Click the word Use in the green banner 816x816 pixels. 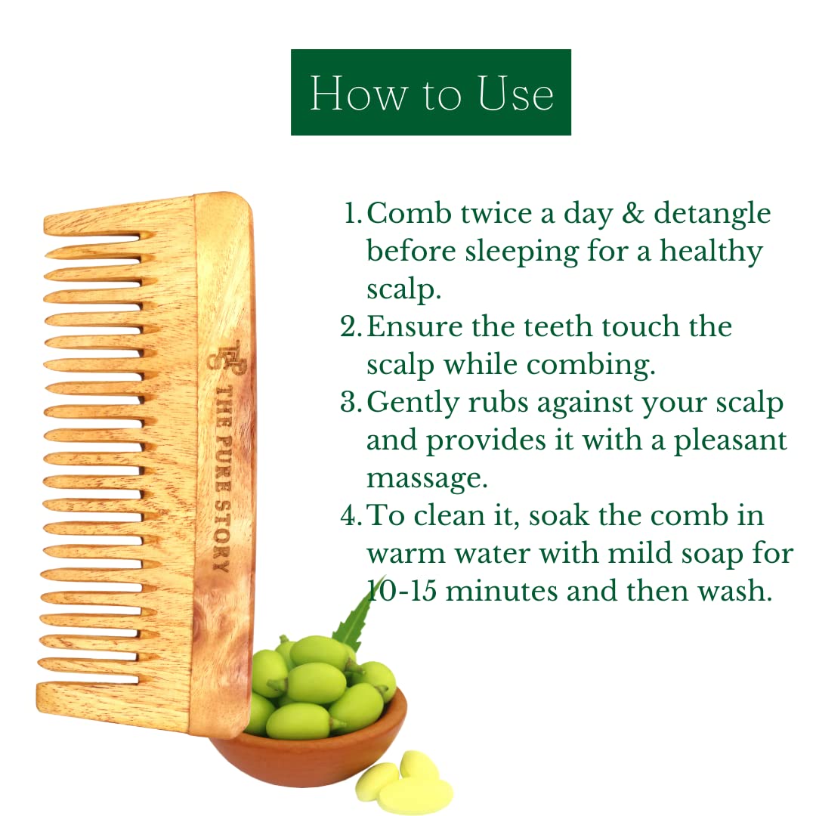515,94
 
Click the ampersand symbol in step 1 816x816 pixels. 633,214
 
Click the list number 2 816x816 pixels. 351,327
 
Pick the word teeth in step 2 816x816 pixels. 558,327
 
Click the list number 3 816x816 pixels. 351,402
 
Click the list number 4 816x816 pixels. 351,515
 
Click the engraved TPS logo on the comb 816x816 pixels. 227,355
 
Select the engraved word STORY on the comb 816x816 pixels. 222,536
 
